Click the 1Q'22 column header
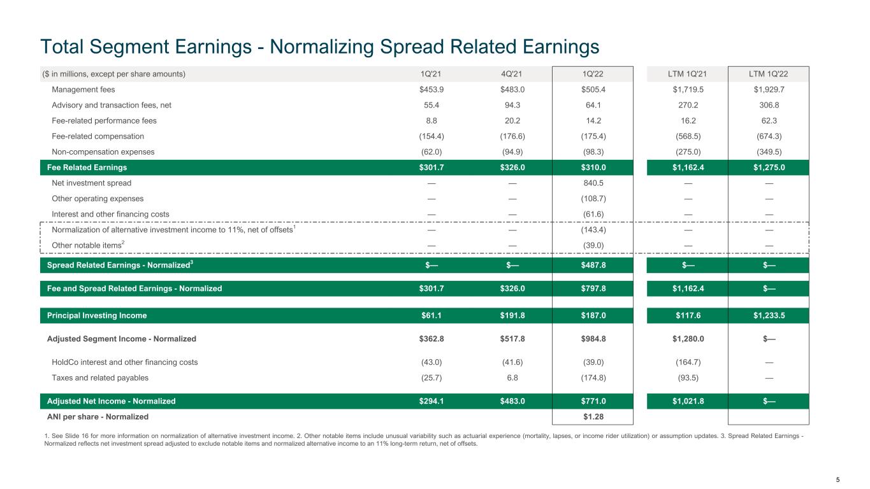tap(593, 74)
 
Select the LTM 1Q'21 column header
tap(688, 74)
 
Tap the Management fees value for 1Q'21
tap(431, 90)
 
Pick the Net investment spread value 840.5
tap(593, 183)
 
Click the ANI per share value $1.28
tap(593, 416)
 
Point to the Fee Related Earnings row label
tap(87, 167)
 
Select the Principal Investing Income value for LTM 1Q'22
tap(769, 316)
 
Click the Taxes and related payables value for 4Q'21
tap(512, 378)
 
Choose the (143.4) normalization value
tap(593, 230)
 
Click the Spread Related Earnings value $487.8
tap(593, 265)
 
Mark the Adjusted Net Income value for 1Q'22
tap(593, 401)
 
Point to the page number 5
tap(837, 479)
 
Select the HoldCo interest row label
tap(125, 362)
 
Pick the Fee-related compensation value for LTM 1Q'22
tap(769, 136)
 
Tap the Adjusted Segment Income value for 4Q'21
tap(512, 339)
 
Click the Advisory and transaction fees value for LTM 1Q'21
tap(688, 105)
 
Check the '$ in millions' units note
tap(114, 74)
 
